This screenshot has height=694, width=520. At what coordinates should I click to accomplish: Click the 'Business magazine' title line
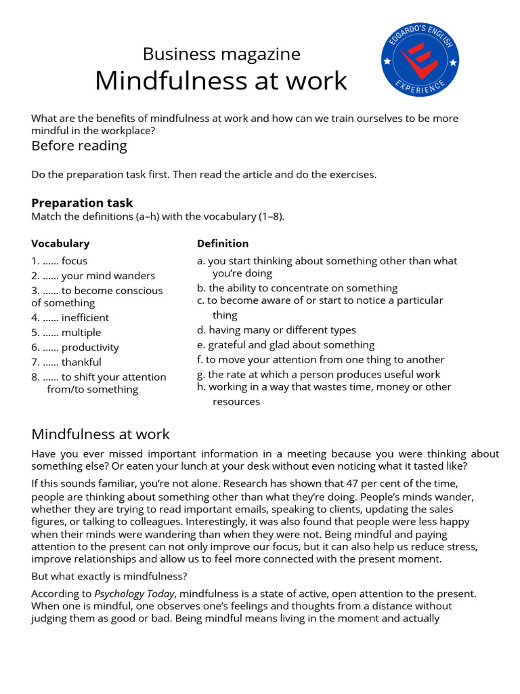pyautogui.click(x=221, y=54)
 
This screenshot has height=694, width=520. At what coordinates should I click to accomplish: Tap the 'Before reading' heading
pyautogui.click(x=79, y=146)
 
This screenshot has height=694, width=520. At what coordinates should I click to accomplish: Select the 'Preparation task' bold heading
pyautogui.click(x=82, y=203)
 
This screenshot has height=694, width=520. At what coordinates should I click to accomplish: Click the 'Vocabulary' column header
pyautogui.click(x=60, y=243)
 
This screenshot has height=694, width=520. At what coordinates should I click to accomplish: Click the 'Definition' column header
pyautogui.click(x=223, y=243)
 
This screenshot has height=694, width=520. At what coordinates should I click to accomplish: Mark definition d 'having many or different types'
pyautogui.click(x=276, y=330)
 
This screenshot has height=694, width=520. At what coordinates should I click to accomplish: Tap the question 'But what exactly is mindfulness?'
pyautogui.click(x=109, y=576)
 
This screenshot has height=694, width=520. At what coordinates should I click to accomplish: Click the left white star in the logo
pyautogui.click(x=387, y=62)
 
